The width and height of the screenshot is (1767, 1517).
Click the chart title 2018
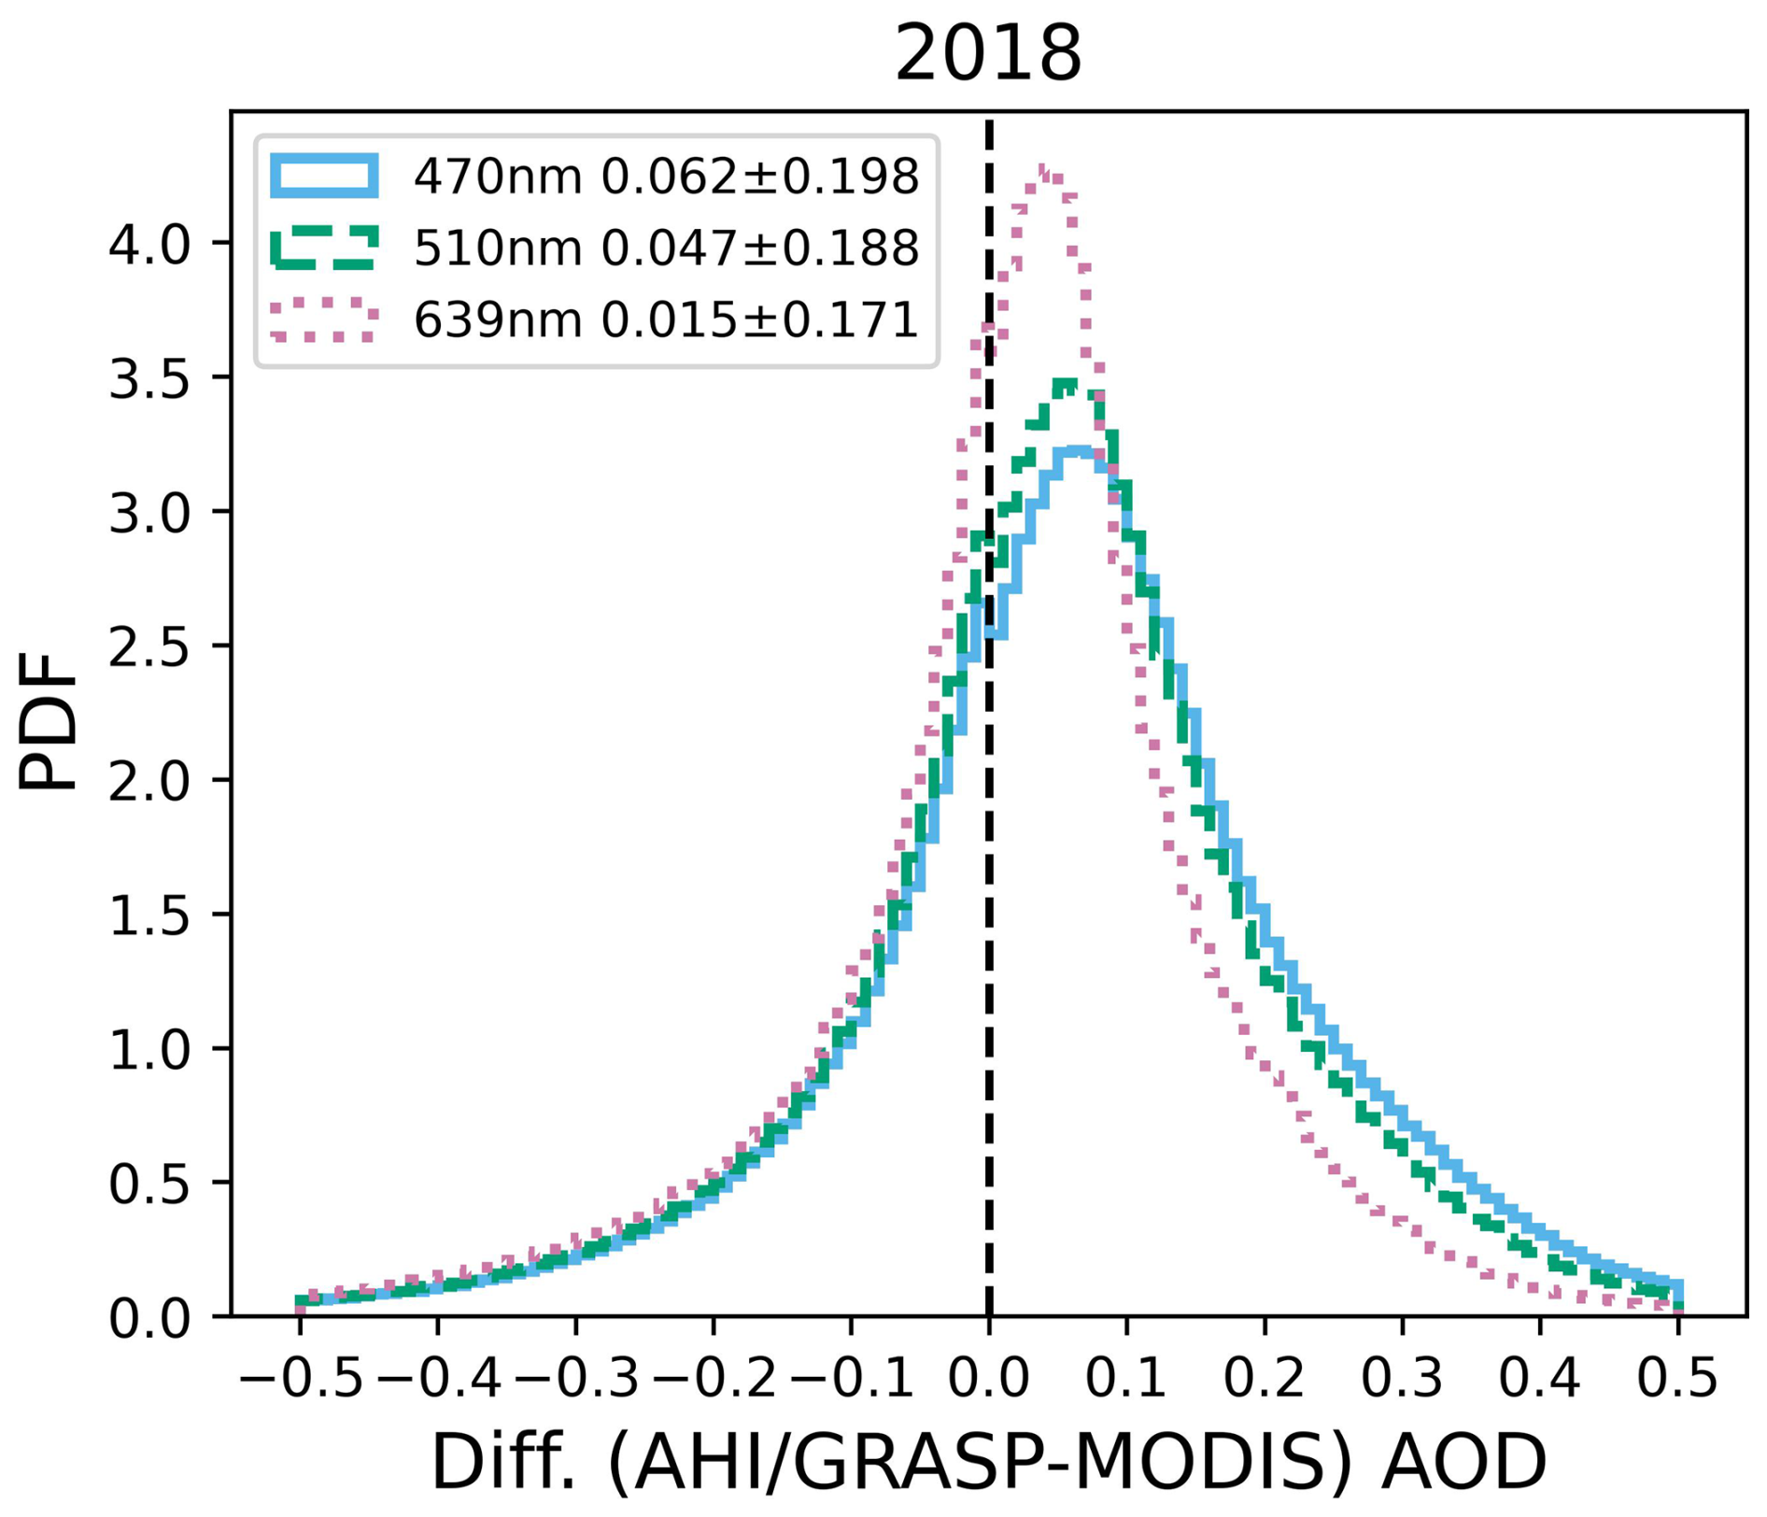click(988, 54)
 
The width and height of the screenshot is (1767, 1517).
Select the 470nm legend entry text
click(667, 176)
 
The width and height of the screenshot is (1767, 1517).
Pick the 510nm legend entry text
click(667, 248)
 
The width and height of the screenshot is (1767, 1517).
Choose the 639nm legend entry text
click(667, 319)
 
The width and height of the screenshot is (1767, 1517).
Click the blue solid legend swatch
click(324, 176)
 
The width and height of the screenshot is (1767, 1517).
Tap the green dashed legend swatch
click(324, 248)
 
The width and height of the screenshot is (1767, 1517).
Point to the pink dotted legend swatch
click(324, 319)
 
